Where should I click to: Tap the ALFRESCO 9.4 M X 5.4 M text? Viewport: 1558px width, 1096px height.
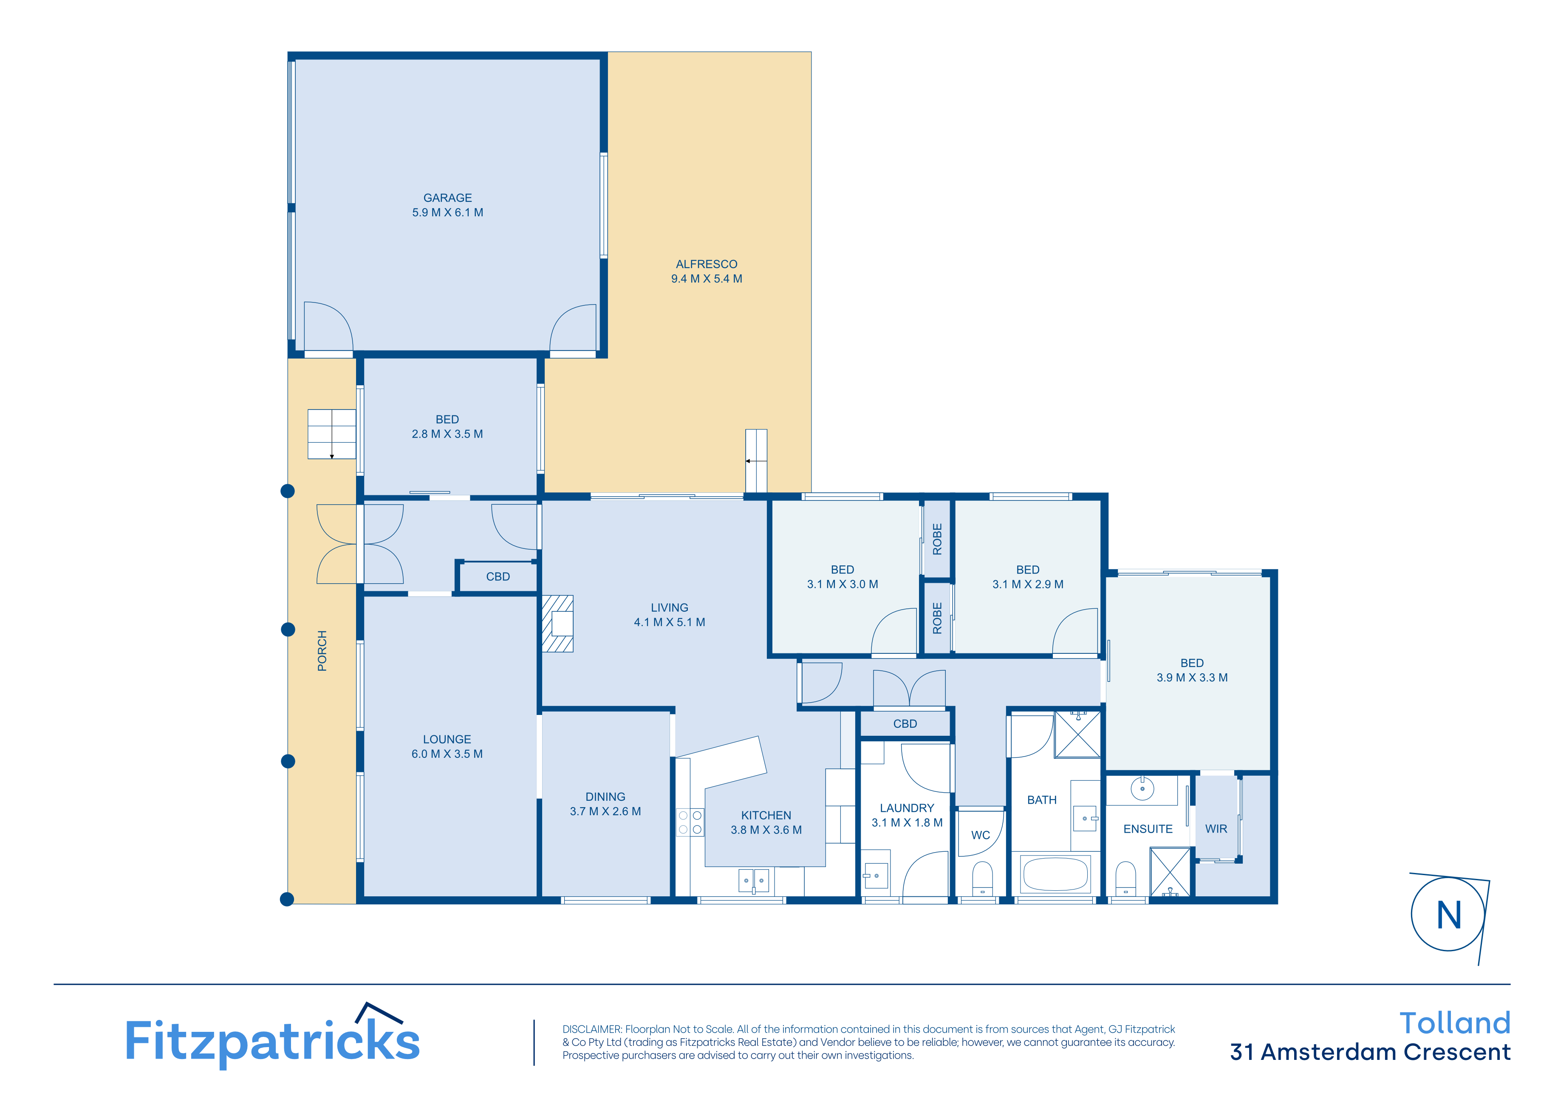coord(707,271)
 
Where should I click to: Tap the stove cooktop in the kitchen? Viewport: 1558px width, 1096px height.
coord(690,822)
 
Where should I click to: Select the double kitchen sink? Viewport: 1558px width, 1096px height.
coord(753,880)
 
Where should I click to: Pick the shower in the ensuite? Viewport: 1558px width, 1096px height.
coord(1170,872)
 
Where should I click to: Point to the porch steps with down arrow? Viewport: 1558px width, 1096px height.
coord(332,434)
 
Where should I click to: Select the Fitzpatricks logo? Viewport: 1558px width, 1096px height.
coord(273,1038)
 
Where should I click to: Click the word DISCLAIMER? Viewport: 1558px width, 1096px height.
coord(592,1029)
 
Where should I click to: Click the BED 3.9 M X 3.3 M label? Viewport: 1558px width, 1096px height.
coord(1192,670)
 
